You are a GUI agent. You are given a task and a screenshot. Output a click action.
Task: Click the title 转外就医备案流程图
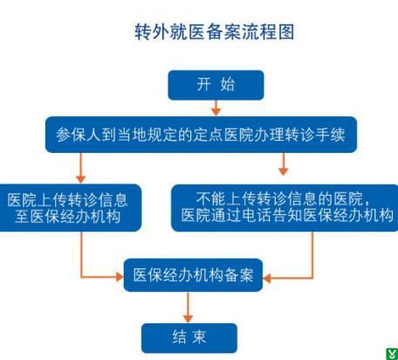[x=214, y=31]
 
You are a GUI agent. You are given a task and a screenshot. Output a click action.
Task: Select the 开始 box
[x=216, y=85]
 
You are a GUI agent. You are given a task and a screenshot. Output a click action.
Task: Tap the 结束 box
[x=189, y=338]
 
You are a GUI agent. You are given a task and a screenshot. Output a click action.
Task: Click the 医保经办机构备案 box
[x=193, y=275]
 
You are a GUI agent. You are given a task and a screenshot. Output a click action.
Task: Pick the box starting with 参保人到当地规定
[x=201, y=135]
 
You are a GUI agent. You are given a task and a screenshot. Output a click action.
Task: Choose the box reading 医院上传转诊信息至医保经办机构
[x=69, y=208]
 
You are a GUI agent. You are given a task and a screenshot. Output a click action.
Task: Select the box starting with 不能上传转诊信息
[x=285, y=208]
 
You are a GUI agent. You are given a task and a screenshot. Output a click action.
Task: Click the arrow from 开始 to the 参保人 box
[x=216, y=107]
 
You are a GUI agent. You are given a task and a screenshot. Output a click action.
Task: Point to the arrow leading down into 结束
[x=188, y=308]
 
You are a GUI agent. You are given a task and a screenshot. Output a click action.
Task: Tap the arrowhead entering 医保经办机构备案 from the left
[x=120, y=277]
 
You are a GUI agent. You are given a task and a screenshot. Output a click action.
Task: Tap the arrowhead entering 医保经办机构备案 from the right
[x=267, y=279]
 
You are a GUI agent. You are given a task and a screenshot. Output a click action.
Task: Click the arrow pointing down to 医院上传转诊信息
[x=80, y=168]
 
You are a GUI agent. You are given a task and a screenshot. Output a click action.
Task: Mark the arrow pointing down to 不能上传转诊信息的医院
[x=283, y=164]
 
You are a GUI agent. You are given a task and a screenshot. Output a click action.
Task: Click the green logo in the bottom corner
[x=392, y=354]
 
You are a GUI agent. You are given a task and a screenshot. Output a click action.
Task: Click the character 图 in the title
[x=286, y=31]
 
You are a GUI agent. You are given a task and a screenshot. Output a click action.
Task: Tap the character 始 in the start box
[x=228, y=85]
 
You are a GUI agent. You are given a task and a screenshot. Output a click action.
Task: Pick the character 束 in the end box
[x=199, y=337]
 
